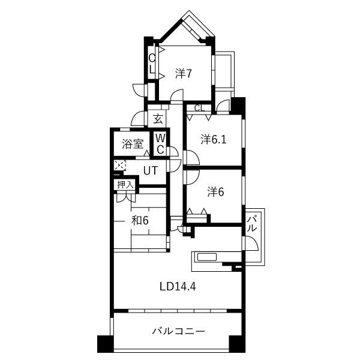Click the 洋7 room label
183,73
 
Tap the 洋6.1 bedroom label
214,139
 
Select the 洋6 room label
215,192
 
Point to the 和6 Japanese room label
140,221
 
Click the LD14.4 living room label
178,287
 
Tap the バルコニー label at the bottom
178,331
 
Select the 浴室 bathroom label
133,144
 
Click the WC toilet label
160,144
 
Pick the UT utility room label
151,170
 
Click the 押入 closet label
125,185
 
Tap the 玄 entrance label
158,119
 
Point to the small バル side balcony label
251,224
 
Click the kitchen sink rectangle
207,257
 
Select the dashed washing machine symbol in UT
120,165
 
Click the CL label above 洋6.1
200,108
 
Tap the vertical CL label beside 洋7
152,64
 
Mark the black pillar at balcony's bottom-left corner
106,344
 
